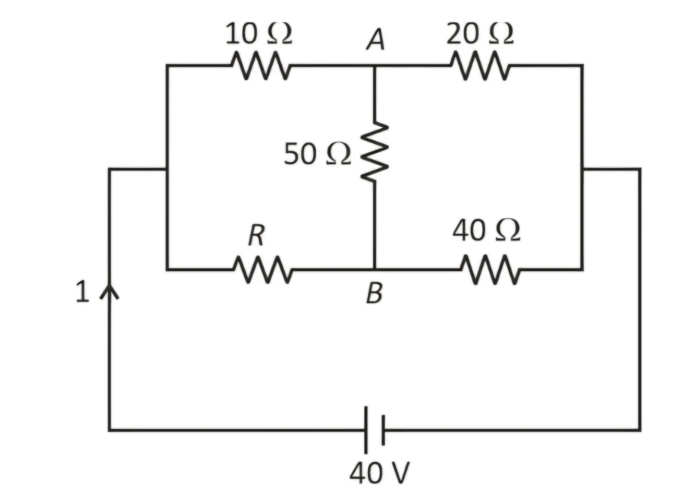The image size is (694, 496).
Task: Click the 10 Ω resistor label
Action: [259, 33]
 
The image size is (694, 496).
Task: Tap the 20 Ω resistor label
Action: [480, 33]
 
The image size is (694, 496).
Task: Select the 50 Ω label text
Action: [317, 154]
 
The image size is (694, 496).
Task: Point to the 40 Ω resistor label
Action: [486, 230]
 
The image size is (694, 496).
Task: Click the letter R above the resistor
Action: [256, 235]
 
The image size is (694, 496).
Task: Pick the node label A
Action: [376, 39]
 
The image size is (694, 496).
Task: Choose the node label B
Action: [374, 293]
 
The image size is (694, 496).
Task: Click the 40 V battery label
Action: [379, 473]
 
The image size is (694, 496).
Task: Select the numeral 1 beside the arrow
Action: [82, 291]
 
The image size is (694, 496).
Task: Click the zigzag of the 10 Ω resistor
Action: [261, 66]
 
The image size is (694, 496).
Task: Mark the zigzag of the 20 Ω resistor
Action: [480, 66]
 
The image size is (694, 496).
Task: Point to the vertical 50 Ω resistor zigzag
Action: [375, 152]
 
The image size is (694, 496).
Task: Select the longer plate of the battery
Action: [366, 430]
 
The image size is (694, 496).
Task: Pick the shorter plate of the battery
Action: [383, 430]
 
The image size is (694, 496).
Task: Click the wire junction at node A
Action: [375, 66]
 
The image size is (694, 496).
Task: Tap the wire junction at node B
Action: [375, 269]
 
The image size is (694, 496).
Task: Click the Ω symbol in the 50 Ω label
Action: [339, 154]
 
